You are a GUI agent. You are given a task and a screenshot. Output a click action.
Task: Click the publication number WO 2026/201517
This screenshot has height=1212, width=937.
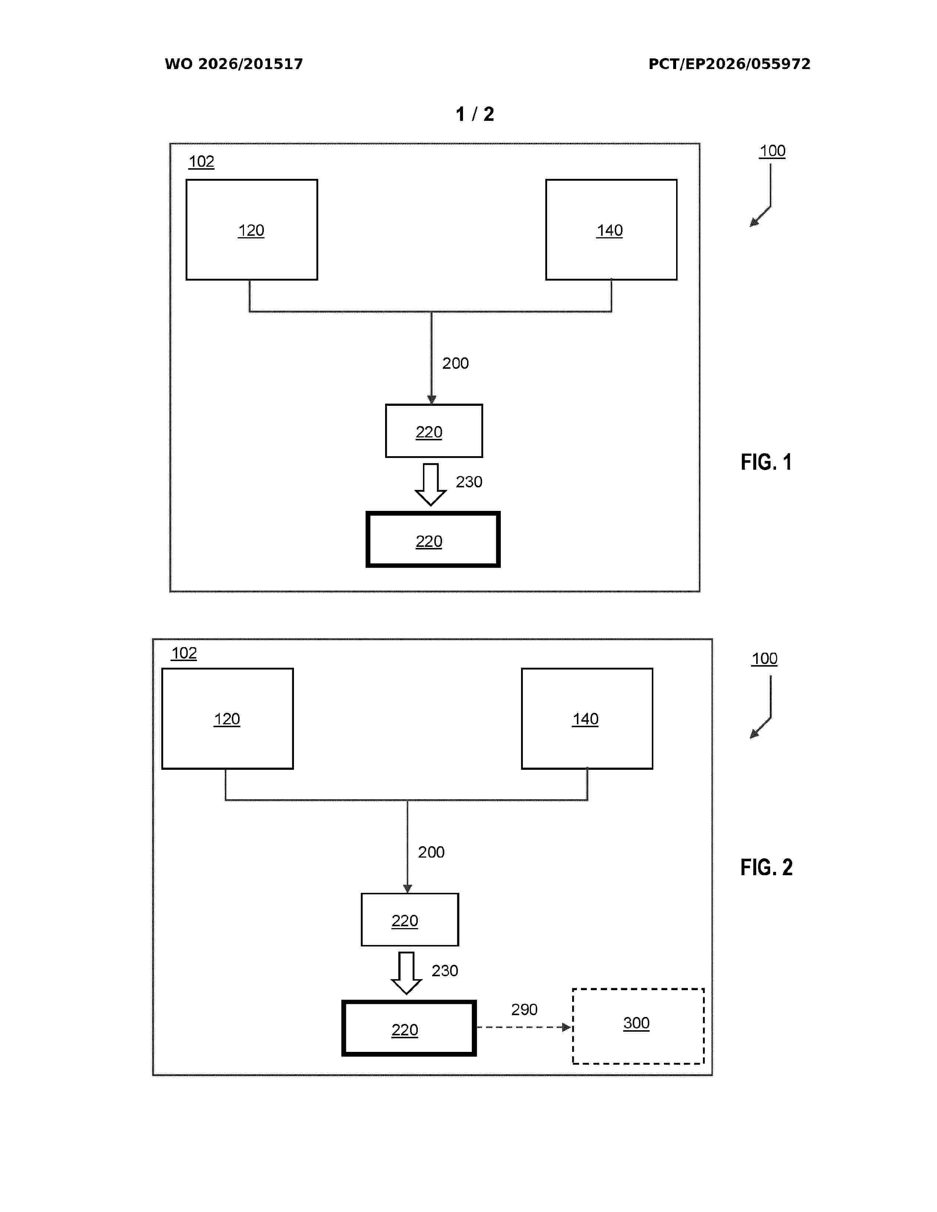[234, 64]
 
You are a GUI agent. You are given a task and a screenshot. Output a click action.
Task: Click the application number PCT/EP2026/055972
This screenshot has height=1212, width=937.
[729, 64]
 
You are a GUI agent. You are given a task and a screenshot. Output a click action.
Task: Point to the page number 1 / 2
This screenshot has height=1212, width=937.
[475, 114]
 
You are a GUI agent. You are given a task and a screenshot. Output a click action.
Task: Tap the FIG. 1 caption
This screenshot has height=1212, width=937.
[766, 462]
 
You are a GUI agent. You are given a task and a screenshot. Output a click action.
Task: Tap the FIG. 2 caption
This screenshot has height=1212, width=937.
[767, 867]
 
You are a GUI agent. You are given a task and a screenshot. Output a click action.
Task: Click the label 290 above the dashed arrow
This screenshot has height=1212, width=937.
[524, 1009]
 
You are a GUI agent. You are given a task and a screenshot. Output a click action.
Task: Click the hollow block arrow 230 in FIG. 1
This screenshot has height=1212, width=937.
[431, 484]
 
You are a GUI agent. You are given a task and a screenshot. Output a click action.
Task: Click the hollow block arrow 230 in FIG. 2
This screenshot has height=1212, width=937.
[406, 973]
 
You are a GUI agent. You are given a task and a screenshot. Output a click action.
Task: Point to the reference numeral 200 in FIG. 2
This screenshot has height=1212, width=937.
[431, 852]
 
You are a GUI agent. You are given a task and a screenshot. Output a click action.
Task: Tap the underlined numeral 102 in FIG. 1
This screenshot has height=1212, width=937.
[201, 162]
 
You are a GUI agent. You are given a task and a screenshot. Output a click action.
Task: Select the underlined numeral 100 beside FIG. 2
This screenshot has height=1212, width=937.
[764, 659]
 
